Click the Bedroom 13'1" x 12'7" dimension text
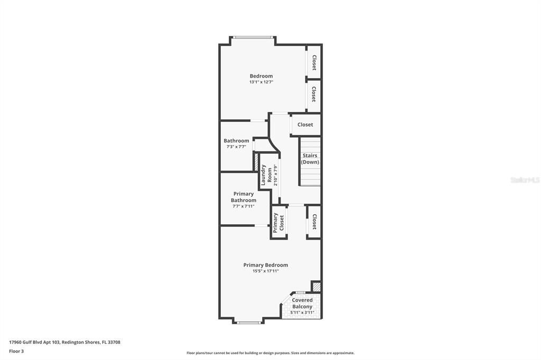tap(261, 82)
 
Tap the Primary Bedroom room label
tap(266, 265)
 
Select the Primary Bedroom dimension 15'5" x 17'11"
tap(266, 271)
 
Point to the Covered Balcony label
tap(302, 303)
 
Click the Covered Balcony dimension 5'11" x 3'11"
tap(302, 312)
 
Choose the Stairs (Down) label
tap(310, 158)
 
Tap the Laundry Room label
tap(266, 175)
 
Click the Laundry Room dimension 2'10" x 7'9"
tap(275, 175)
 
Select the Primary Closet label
tap(278, 223)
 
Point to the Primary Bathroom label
tap(244, 197)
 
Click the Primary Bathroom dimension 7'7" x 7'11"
tap(244, 206)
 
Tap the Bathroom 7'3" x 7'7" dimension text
tap(236, 147)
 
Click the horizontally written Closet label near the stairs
tap(305, 125)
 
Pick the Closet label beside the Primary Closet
tap(314, 222)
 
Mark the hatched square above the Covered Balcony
tap(316, 287)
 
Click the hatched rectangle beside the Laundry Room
tap(256, 162)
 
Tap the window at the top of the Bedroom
tap(254, 37)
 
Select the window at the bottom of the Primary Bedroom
tap(248, 323)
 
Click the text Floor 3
tap(16, 352)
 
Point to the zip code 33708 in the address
tap(114, 343)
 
